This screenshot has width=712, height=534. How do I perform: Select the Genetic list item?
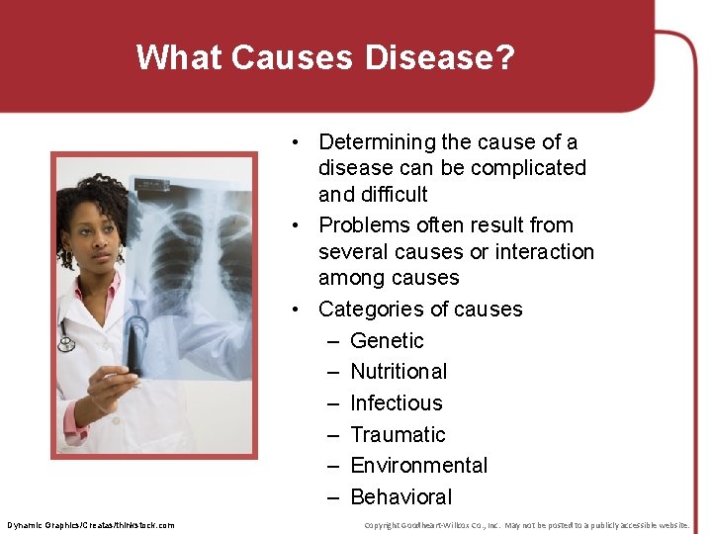(387, 340)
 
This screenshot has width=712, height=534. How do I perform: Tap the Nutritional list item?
(399, 372)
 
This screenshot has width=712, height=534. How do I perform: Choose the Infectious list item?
(396, 402)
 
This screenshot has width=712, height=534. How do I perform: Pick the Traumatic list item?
(398, 434)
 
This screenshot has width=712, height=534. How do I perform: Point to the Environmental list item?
(418, 465)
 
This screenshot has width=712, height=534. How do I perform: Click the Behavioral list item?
(400, 496)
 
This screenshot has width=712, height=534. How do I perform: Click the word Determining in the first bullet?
(377, 142)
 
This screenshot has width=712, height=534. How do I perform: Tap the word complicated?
(529, 168)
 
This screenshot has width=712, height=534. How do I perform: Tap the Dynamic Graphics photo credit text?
(91, 524)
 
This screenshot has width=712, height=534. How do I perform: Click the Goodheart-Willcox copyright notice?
(526, 524)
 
